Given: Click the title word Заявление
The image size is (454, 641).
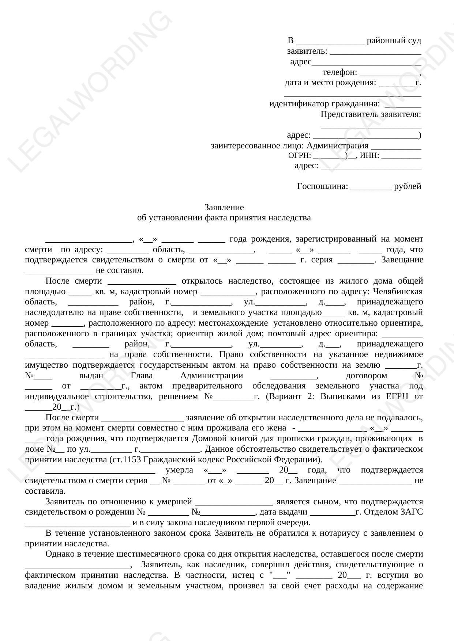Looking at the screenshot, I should click(x=224, y=208).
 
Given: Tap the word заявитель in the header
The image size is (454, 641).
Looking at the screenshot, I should click(x=307, y=51).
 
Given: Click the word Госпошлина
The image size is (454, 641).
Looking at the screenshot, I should click(x=322, y=186).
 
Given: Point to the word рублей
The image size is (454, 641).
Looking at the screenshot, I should click(x=408, y=186).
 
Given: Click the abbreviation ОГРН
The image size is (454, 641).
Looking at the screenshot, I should click(x=299, y=156).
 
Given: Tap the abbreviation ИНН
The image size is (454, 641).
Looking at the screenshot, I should click(x=369, y=156).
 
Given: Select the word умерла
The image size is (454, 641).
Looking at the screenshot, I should click(x=179, y=470).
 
